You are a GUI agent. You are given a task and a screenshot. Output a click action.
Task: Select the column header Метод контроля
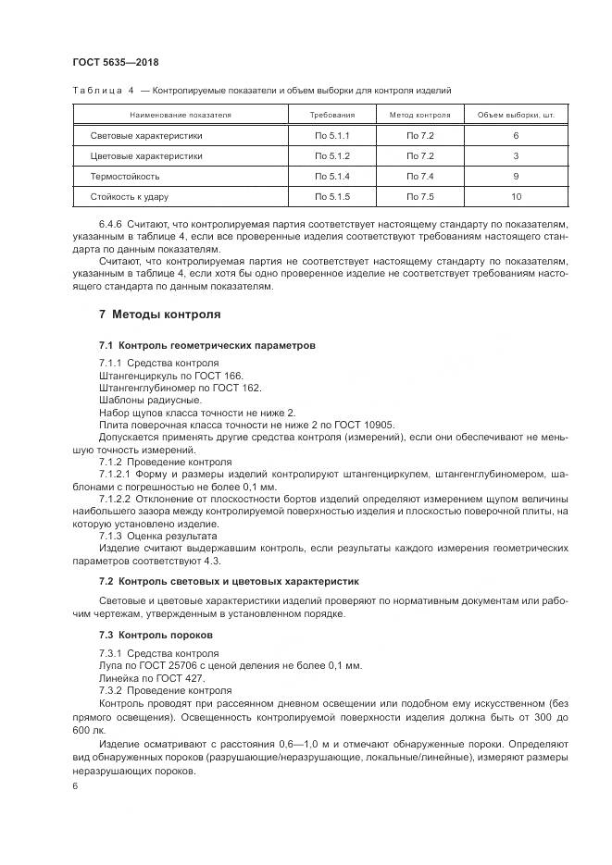419,116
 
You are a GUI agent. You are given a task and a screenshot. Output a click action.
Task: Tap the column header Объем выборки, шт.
515,116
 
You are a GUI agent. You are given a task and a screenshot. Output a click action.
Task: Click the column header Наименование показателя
180,116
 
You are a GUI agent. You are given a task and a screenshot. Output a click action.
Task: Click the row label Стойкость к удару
130,196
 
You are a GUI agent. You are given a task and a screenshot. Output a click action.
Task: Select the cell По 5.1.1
331,135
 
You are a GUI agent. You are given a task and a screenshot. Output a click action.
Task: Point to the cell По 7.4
419,176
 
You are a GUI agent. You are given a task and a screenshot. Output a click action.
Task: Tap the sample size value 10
516,196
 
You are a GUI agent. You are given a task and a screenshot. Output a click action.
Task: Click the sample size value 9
516,176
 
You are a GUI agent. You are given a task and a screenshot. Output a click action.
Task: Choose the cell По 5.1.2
331,155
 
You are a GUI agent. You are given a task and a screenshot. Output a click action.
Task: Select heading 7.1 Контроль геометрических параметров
207,345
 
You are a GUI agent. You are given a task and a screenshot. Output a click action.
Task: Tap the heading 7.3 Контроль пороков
156,636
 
